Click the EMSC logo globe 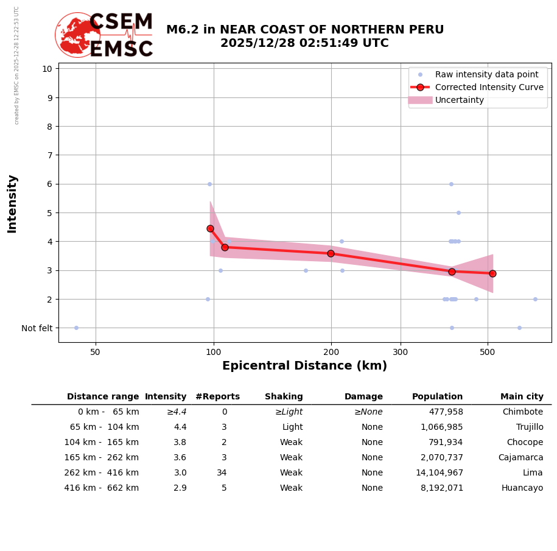click(78, 35)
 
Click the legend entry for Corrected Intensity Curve click(489, 87)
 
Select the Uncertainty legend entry click(460, 100)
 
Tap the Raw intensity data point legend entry click(486, 74)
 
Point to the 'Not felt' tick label click(37, 328)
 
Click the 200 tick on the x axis click(331, 353)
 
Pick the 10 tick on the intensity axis click(47, 68)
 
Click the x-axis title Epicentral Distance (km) click(304, 366)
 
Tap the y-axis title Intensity click(12, 203)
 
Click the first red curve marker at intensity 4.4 click(210, 228)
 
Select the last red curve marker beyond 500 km click(492, 273)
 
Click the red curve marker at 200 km click(331, 253)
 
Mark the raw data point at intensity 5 click(458, 212)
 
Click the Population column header click(437, 397)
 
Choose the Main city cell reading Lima click(533, 473)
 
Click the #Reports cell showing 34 click(222, 473)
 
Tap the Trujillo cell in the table click(530, 427)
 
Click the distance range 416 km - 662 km click(102, 488)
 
